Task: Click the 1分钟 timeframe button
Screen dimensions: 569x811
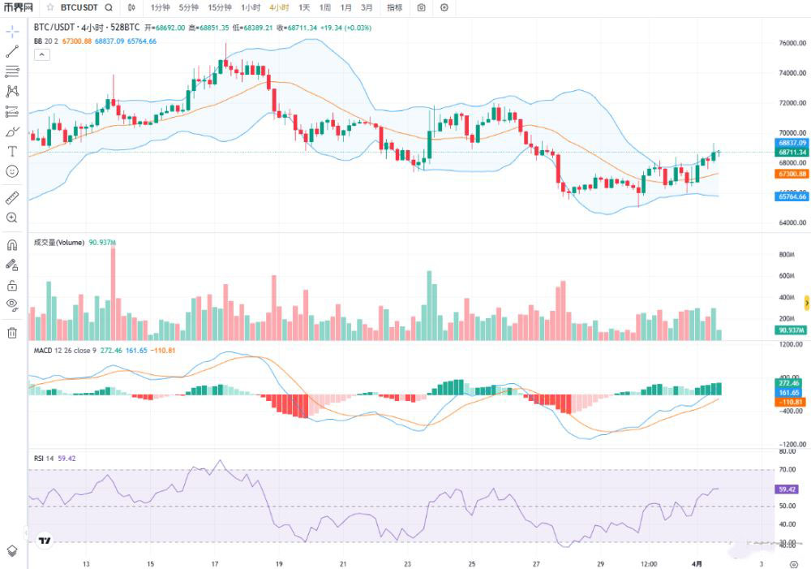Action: (161, 7)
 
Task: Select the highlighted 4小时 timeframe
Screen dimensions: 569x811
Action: (279, 7)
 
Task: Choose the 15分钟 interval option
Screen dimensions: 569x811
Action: (220, 7)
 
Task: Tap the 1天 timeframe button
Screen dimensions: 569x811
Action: (304, 7)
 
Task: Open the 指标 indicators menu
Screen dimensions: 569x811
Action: (394, 7)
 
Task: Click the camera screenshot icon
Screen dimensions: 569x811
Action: (421, 7)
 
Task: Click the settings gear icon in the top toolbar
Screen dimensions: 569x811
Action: (444, 7)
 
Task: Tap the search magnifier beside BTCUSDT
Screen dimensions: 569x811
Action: (109, 7)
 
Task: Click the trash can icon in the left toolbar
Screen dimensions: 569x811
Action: (12, 332)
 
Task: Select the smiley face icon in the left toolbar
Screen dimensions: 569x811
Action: (12, 171)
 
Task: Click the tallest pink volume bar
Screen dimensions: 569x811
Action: (113, 293)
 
